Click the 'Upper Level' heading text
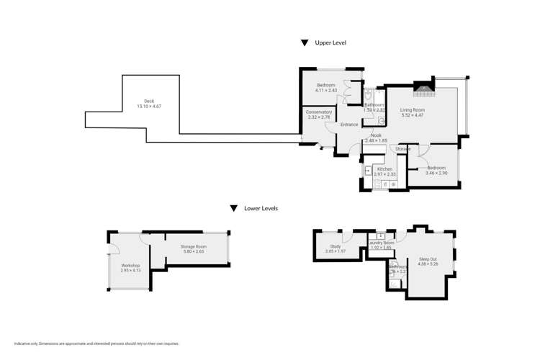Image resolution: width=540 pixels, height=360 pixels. [330, 43]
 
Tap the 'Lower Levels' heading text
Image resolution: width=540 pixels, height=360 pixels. [260, 208]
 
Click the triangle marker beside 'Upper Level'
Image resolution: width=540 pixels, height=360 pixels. [305, 43]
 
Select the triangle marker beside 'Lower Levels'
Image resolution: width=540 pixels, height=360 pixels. [233, 209]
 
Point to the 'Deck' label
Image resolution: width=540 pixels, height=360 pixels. [149, 101]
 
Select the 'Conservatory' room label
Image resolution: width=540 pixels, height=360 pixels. [319, 112]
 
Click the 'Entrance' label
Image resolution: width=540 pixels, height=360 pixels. [349, 125]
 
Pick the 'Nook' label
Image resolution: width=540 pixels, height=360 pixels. [376, 135]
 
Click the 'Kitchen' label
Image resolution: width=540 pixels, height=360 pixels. [384, 168]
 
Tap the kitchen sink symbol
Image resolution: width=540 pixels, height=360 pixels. [367, 171]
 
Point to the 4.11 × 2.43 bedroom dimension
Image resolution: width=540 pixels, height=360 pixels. [326, 91]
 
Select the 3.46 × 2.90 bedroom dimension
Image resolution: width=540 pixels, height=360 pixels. [436, 173]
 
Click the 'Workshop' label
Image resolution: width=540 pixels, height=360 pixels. [130, 266]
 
